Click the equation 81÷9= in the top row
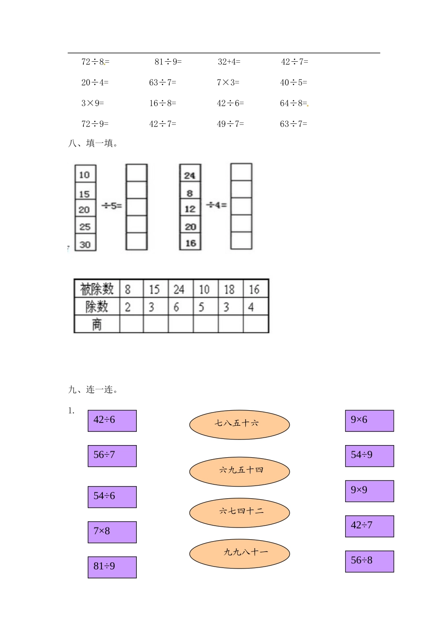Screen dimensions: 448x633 (x=168, y=62)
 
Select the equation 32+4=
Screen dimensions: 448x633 (x=229, y=62)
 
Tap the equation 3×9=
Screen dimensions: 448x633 (x=92, y=103)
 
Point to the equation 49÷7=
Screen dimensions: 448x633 (x=230, y=124)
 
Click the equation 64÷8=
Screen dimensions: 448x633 (x=293, y=103)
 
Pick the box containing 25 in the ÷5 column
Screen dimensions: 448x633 (x=85, y=227)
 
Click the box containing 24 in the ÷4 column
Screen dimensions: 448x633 (x=190, y=175)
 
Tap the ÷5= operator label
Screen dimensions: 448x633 (x=112, y=206)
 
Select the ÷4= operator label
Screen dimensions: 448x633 (x=216, y=205)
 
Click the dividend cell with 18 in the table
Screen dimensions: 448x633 (x=230, y=289)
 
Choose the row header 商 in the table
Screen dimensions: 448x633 (x=97, y=325)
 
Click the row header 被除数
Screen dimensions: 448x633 (x=97, y=289)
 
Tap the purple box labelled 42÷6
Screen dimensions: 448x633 (x=112, y=421)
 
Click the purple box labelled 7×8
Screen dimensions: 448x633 (x=112, y=532)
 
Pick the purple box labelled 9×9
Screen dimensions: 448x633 (x=369, y=491)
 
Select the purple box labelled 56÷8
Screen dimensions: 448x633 (x=369, y=561)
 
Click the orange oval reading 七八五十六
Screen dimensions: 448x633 (x=239, y=424)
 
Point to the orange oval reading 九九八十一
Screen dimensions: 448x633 (x=239, y=553)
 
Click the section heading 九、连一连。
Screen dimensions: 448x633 (x=93, y=390)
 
